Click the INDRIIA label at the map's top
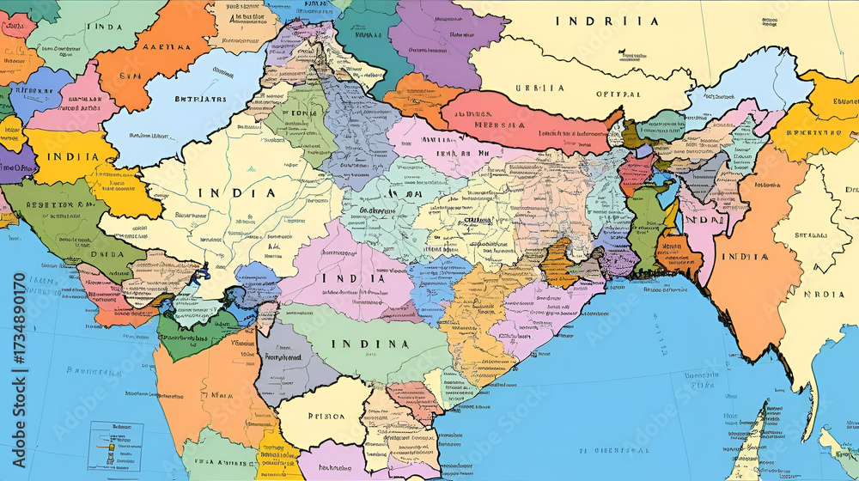point(606,21)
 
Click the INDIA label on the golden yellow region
point(65,157)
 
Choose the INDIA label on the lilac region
point(352,279)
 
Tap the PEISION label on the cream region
point(325,416)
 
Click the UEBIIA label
point(539,88)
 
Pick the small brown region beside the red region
point(631,133)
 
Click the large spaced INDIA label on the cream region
point(236,193)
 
